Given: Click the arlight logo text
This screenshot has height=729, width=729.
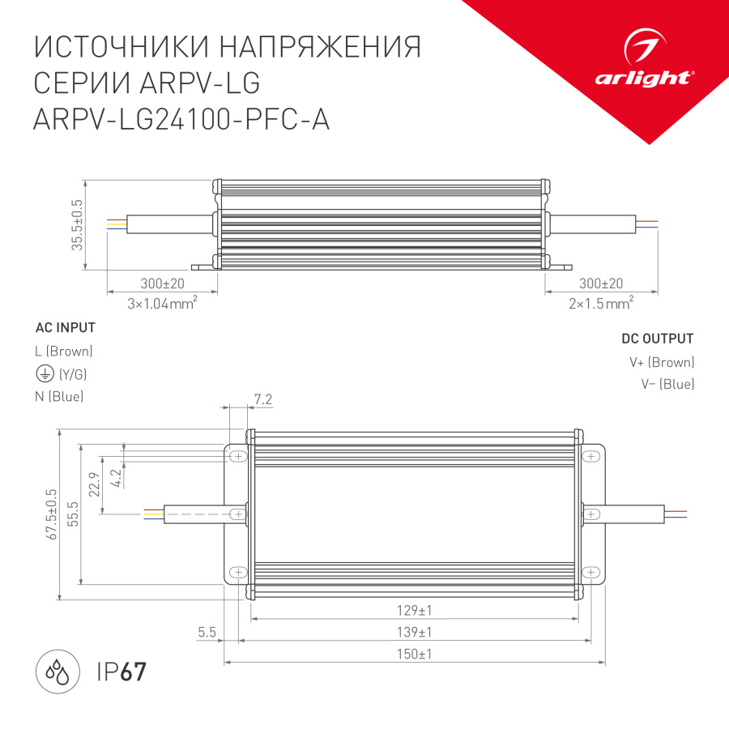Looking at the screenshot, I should point(643,78).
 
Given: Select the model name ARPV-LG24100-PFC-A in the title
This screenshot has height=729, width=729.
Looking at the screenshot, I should point(181,119).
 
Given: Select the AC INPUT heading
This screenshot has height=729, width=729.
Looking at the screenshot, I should point(66,328).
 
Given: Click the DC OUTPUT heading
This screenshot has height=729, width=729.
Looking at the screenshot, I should point(657,339).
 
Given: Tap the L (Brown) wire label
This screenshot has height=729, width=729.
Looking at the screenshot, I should point(65,352).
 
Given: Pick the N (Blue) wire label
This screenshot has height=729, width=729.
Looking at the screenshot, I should point(60,396).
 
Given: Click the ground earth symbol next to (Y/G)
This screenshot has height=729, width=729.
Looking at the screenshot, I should point(44,373).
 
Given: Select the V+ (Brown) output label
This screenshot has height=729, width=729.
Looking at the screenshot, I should point(662,362).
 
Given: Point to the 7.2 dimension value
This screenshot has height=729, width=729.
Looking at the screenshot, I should point(262,399).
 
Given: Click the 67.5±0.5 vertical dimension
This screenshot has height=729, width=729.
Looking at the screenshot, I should point(53,514).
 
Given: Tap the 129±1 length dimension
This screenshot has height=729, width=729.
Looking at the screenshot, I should point(416,610).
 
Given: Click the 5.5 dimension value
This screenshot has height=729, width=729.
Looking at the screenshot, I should point(207,632).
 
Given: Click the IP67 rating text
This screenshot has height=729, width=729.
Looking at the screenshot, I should point(122,671).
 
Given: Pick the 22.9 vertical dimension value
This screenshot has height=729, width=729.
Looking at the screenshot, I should point(94,484).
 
